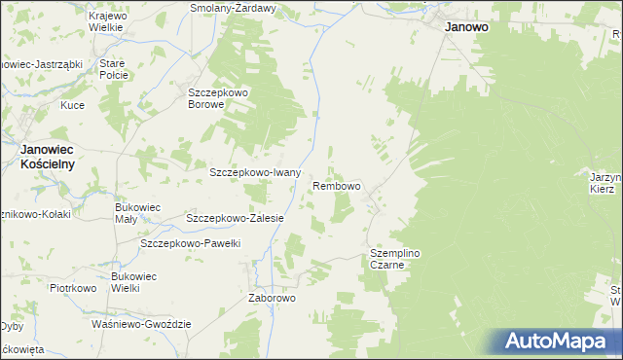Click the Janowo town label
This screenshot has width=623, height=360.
[466, 28]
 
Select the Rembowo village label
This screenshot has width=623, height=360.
[337, 185]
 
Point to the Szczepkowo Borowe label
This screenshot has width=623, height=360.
[219, 98]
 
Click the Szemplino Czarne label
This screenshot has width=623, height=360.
[394, 259]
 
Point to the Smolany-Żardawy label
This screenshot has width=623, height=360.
[234, 7]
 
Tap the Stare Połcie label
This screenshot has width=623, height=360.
[112, 70]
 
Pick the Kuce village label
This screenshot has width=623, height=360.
[72, 105]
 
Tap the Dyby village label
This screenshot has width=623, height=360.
[11, 325]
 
